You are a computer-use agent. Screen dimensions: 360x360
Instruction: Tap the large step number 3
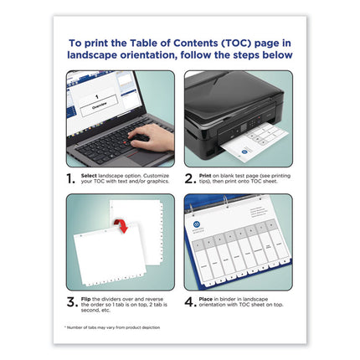pyautogui.click(x=73, y=303)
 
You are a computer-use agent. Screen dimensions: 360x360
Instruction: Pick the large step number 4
pyautogui.click(x=190, y=303)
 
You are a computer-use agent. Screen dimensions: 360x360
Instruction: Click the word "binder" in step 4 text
pyautogui.click(x=236, y=301)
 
